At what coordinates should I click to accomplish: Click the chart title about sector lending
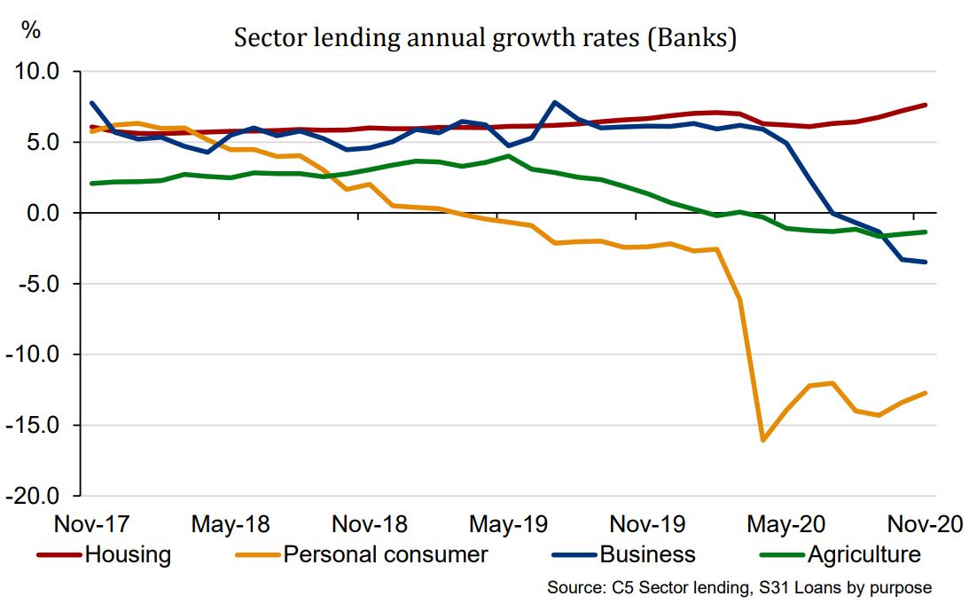[x=485, y=39]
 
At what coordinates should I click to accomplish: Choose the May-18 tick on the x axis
[x=231, y=524]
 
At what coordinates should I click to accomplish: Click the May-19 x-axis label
[x=508, y=524]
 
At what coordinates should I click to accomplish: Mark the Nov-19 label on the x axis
[x=647, y=524]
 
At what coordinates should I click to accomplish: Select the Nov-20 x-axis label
[x=925, y=524]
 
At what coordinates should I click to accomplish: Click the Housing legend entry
[x=127, y=555]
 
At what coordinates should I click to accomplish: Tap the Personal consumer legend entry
[x=386, y=555]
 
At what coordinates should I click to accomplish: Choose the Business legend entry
[x=647, y=555]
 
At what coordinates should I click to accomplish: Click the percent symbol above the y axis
[x=31, y=29]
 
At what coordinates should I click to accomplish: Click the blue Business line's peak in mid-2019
[x=555, y=102]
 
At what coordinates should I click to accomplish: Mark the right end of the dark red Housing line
[x=926, y=105]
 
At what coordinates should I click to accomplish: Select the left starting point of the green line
[x=92, y=184]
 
